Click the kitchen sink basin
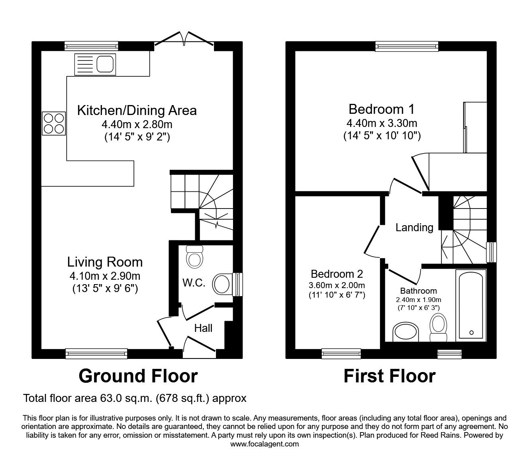105,64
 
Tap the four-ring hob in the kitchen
54,123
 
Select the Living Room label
105,262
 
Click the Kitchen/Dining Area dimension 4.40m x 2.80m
137,125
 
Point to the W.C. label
194,283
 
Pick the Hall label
203,328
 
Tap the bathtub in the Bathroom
471,305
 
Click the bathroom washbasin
406,332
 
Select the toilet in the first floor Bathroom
439,327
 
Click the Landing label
414,227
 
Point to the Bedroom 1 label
381,109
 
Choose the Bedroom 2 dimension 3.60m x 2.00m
337,285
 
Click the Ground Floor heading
138,376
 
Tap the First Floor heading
390,376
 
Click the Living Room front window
96,353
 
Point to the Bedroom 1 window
407,46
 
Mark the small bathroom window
449,354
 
